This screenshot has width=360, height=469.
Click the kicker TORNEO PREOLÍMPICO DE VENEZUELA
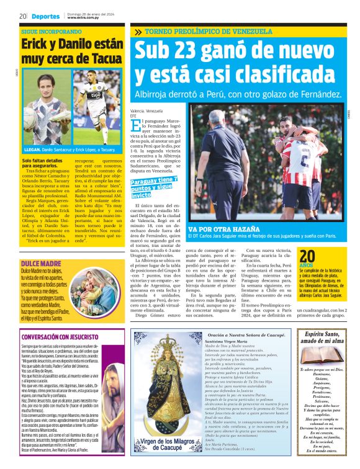[208, 31]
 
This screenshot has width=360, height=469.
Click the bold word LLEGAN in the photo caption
[32, 150]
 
